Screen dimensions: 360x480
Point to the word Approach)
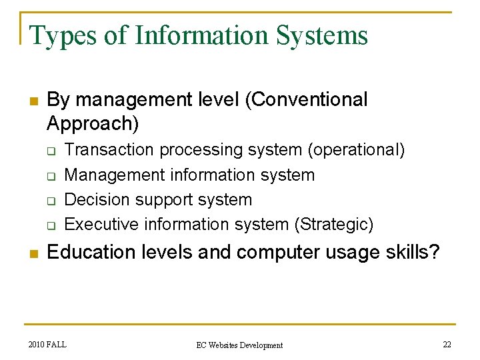point(93,123)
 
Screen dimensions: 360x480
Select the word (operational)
point(356,150)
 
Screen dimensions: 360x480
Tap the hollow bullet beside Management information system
point(51,176)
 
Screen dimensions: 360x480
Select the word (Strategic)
point(333,224)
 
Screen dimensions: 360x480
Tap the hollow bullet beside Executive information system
point(51,225)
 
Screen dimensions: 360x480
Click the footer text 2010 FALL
point(48,345)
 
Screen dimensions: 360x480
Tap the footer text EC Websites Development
point(239,345)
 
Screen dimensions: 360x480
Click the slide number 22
point(447,345)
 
